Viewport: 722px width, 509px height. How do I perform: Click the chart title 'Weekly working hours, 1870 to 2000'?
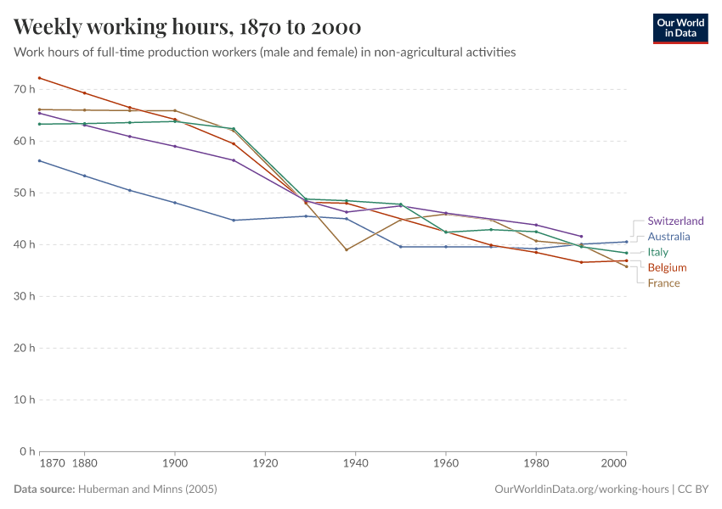tap(187, 27)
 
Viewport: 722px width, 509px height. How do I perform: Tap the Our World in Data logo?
tap(680, 28)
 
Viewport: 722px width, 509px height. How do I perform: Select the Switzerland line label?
tap(675, 221)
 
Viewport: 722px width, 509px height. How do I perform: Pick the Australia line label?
tap(668, 237)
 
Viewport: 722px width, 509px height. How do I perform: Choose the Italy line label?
tap(657, 252)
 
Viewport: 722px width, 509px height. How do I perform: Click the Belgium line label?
tap(667, 268)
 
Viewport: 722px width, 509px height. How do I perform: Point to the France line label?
tap(663, 283)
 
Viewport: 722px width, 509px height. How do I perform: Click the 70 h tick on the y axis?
tap(24, 89)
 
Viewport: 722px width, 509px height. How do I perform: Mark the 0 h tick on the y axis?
tap(27, 451)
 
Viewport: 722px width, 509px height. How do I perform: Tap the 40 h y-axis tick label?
tap(24, 244)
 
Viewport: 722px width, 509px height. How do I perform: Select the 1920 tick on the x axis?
tap(265, 464)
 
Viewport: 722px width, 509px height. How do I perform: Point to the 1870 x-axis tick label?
tap(51, 464)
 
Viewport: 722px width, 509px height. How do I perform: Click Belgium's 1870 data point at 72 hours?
tap(40, 78)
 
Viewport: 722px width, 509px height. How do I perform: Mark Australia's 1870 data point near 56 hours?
tap(40, 160)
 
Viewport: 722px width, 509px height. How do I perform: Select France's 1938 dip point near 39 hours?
tap(347, 249)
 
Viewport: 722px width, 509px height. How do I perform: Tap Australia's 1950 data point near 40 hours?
tap(401, 247)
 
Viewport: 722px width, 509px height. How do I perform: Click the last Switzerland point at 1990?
tap(581, 236)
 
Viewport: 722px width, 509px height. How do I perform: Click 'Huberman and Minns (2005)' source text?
tap(147, 489)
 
